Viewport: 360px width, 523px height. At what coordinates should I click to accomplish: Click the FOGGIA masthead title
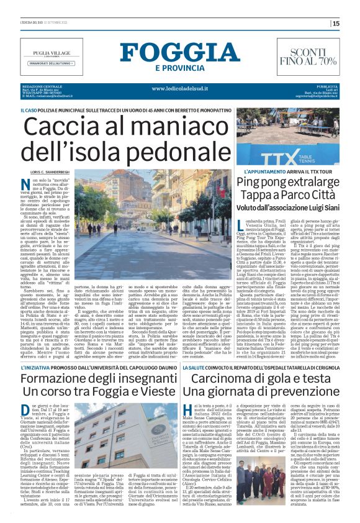(179, 53)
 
